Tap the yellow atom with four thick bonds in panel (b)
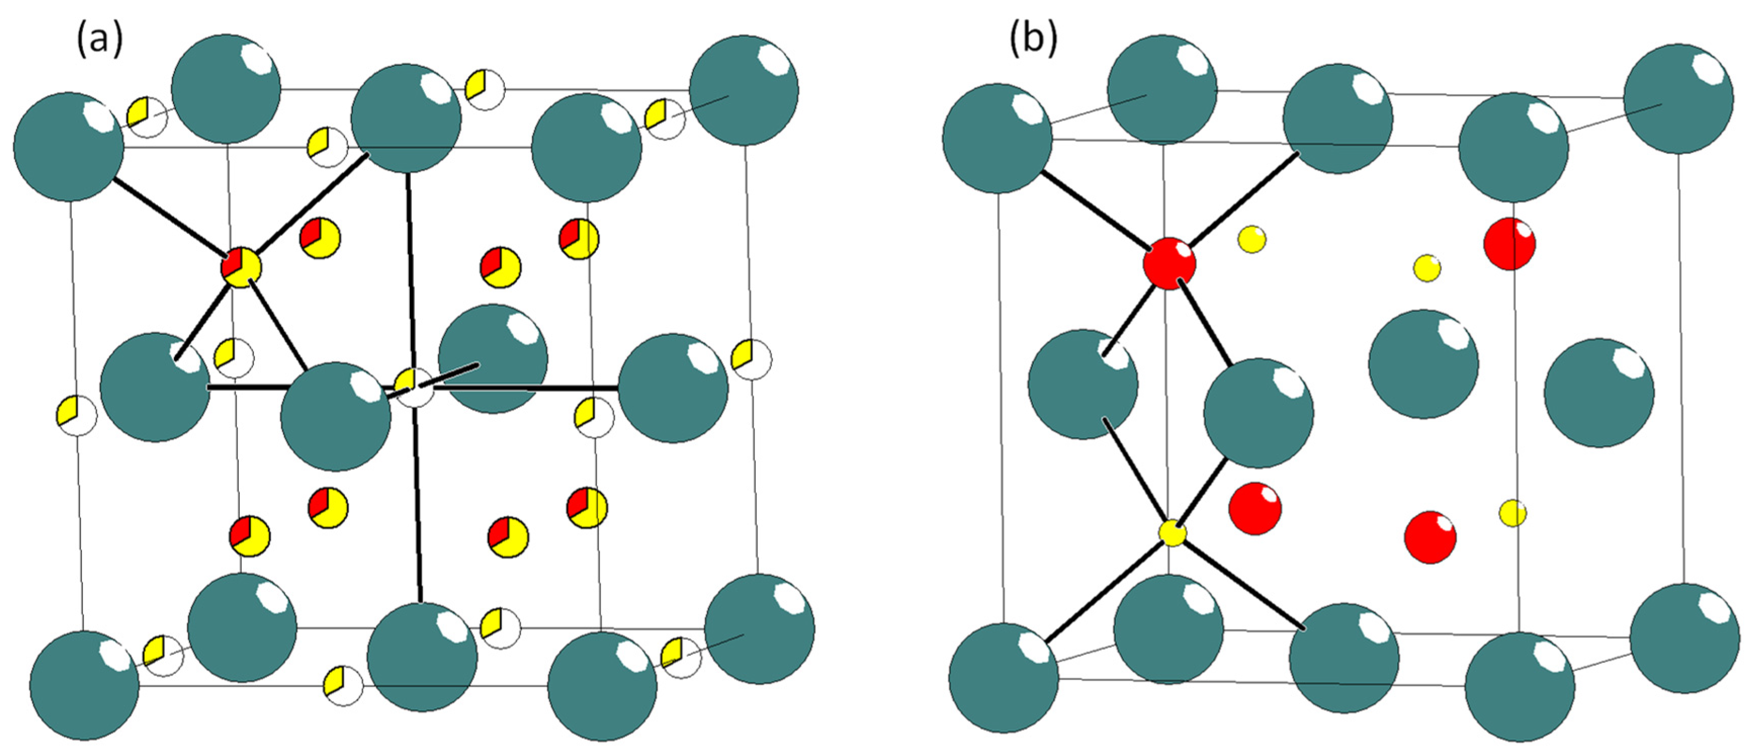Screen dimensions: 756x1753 (1172, 533)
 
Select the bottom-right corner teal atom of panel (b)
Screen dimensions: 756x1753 (1684, 638)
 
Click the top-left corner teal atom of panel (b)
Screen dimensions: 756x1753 (997, 138)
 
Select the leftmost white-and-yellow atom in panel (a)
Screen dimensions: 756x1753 (76, 415)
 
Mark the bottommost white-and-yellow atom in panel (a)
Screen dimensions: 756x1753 (343, 686)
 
